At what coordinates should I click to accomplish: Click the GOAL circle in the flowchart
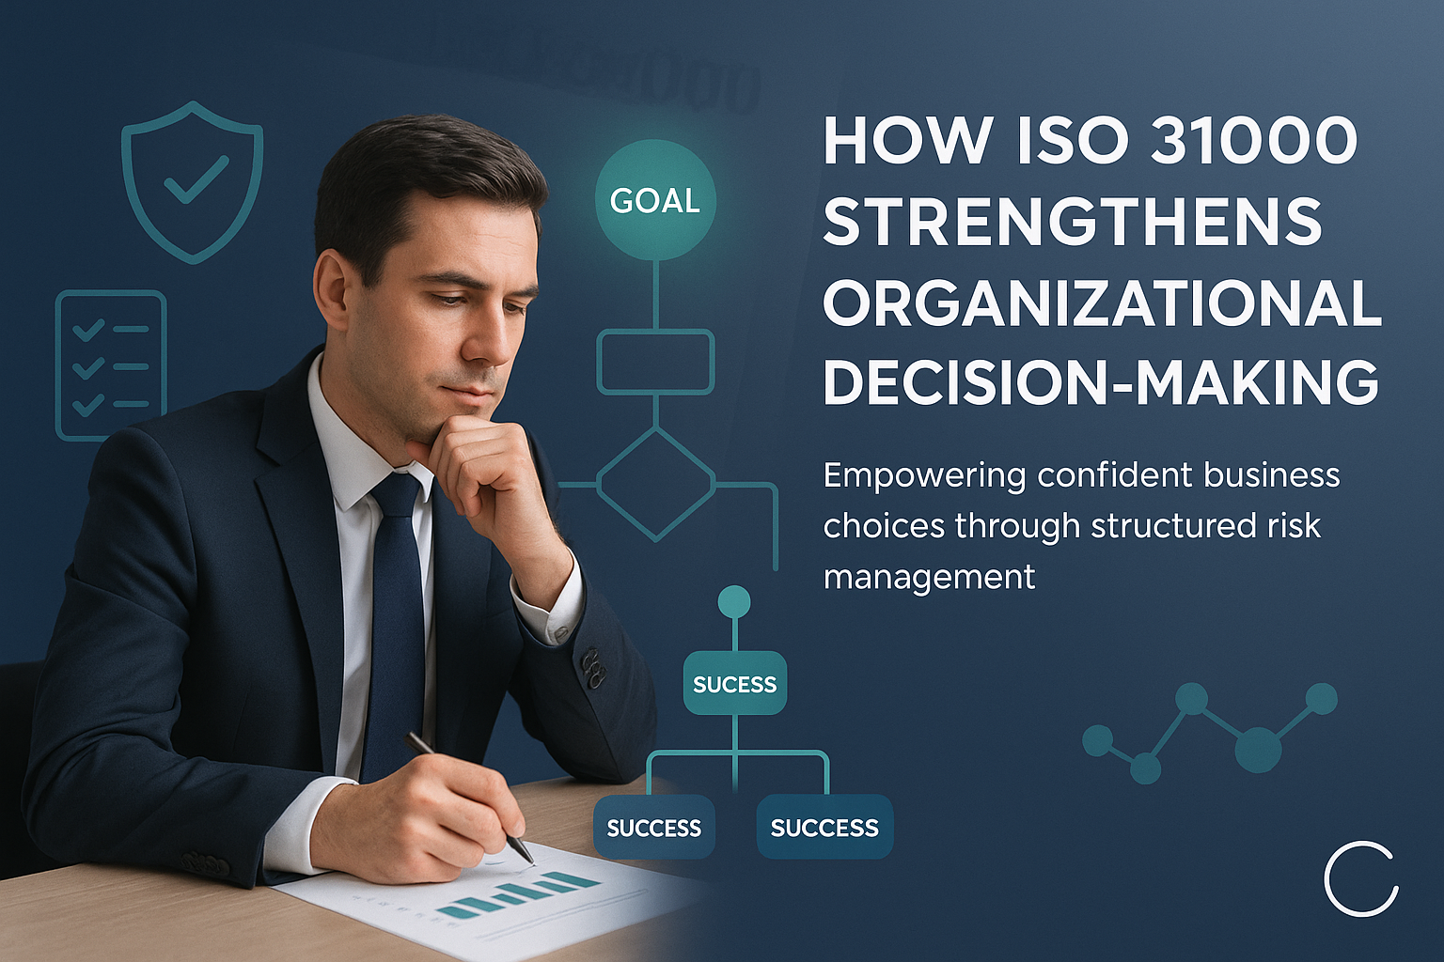point(655,200)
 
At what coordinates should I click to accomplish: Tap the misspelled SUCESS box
point(734,683)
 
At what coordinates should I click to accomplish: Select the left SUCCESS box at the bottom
point(654,827)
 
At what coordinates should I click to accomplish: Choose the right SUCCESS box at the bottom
point(824,827)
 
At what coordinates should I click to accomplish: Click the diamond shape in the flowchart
point(655,484)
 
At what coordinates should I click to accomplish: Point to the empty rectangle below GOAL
point(655,362)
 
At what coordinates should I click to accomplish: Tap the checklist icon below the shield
point(111,365)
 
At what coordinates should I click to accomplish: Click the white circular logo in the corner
point(1360,879)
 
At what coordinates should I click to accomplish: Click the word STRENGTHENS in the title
point(1073,222)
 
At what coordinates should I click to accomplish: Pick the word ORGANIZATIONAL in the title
point(1102,303)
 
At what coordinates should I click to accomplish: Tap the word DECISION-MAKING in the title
point(1101,383)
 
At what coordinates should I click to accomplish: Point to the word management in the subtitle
point(929,576)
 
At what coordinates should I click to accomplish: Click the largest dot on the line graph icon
point(1257,749)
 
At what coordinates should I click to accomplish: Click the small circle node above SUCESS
point(733,601)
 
